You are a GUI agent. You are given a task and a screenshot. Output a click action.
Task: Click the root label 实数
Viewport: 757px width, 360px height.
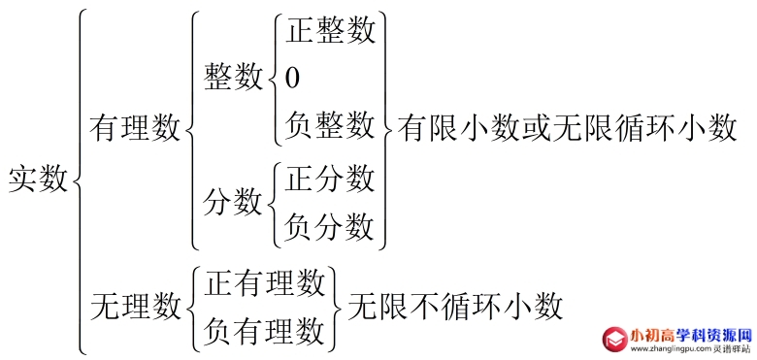coord(38,180)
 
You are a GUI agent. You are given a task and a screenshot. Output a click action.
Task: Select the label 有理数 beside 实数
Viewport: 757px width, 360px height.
coord(134,128)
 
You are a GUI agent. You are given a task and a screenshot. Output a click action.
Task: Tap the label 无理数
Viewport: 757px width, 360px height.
coord(134,307)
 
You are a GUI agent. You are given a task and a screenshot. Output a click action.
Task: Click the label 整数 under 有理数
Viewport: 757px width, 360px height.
coord(233,78)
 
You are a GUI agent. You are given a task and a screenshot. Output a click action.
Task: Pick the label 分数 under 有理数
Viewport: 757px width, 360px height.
coord(233,202)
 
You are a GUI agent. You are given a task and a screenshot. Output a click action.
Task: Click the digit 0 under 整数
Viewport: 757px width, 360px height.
coord(292,78)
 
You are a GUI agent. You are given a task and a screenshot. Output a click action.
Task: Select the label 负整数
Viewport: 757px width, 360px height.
coord(330,124)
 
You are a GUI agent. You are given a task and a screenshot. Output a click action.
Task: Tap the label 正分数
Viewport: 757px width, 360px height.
coord(330,179)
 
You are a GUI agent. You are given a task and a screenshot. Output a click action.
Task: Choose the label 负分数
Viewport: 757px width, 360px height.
coord(330,226)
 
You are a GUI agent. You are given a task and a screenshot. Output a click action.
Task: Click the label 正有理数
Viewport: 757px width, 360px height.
coord(264,282)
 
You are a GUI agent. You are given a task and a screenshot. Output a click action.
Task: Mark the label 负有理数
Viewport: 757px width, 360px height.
coord(264,331)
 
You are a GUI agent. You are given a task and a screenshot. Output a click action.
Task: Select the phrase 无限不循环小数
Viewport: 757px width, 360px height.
coord(455,307)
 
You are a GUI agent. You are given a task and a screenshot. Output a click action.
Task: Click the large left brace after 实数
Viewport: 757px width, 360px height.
coord(79,180)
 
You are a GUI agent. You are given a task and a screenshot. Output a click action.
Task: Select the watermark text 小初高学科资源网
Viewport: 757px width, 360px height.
coord(690,332)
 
